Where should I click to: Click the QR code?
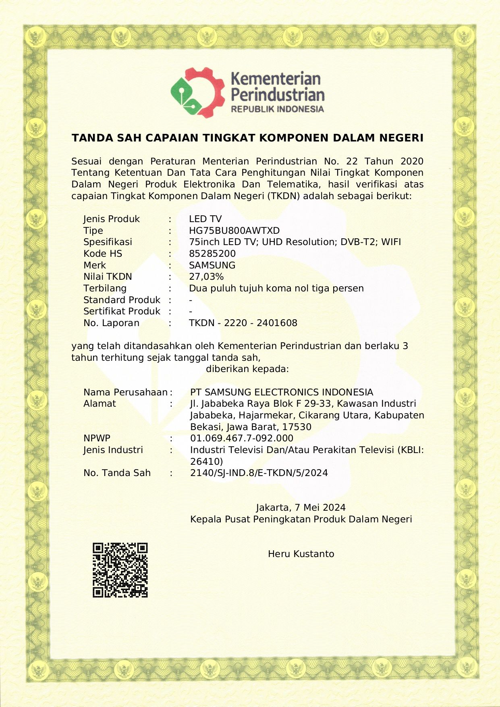pos(120,570)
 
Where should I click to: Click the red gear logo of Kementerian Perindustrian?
pos(197,92)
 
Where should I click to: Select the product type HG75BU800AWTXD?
pos(234,231)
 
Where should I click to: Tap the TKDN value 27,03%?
pos(206,277)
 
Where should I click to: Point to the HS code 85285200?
pos(212,254)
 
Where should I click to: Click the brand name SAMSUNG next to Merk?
pos(212,265)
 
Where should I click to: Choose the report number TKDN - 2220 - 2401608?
pos(243,323)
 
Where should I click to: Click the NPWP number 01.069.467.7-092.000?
pos(242,438)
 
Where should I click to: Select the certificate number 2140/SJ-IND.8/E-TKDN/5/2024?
pos(259,473)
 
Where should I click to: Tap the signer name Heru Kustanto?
pos(301,554)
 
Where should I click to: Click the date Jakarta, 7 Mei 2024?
pos(301,507)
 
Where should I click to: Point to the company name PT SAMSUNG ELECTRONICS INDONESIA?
pos(282,392)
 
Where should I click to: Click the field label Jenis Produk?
pos(112,219)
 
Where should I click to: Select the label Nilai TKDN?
pos(108,277)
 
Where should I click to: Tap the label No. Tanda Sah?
pos(117,473)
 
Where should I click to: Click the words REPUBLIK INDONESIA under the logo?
pos(277,109)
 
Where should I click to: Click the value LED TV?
pos(205,219)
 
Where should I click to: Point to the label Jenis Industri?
pos(113,450)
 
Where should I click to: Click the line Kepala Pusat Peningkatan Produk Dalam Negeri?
pos(301,519)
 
